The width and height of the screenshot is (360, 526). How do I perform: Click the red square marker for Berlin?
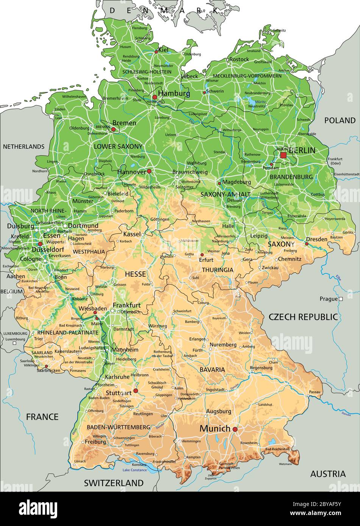[283, 155]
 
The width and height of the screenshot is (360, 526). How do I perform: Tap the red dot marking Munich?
[235, 429]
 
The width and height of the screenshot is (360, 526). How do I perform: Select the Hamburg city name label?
[174, 93]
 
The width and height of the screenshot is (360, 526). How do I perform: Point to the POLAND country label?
[340, 120]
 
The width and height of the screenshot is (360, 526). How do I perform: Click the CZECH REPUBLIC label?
[303, 317]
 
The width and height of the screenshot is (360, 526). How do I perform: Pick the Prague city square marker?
[340, 299]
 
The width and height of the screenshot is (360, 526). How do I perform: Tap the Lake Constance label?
[134, 470]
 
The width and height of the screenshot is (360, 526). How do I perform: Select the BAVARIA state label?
[212, 369]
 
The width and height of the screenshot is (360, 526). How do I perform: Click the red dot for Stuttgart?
[136, 391]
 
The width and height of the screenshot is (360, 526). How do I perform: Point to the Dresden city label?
[317, 239]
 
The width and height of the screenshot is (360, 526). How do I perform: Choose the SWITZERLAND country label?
[114, 483]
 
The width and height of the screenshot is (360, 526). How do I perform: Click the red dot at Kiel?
[156, 52]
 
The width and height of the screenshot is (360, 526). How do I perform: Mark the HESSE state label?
[135, 273]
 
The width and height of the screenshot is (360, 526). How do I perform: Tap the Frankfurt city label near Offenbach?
[126, 305]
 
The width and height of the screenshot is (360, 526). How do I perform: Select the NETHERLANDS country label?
[23, 146]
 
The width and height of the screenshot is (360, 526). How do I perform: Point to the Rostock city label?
[239, 59]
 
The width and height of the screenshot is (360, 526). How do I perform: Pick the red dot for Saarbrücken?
[46, 366]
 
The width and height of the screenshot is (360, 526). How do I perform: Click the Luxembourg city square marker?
[14, 343]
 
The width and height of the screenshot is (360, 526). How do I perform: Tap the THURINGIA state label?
[217, 270]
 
